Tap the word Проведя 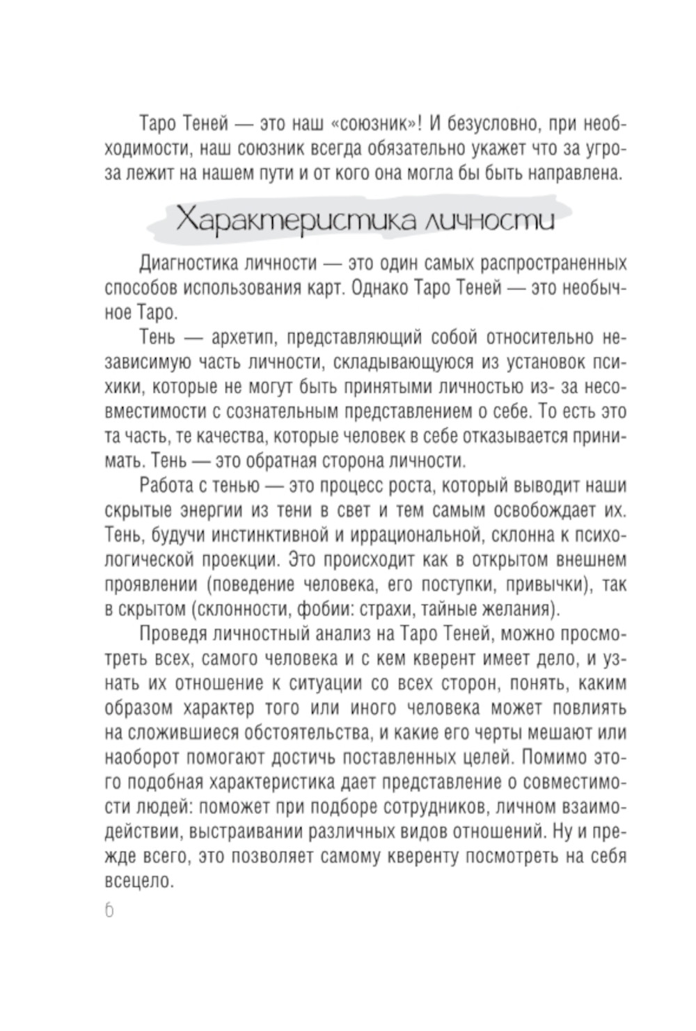coord(171,634)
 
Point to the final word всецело coord(138,881)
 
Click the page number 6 coord(110,911)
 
